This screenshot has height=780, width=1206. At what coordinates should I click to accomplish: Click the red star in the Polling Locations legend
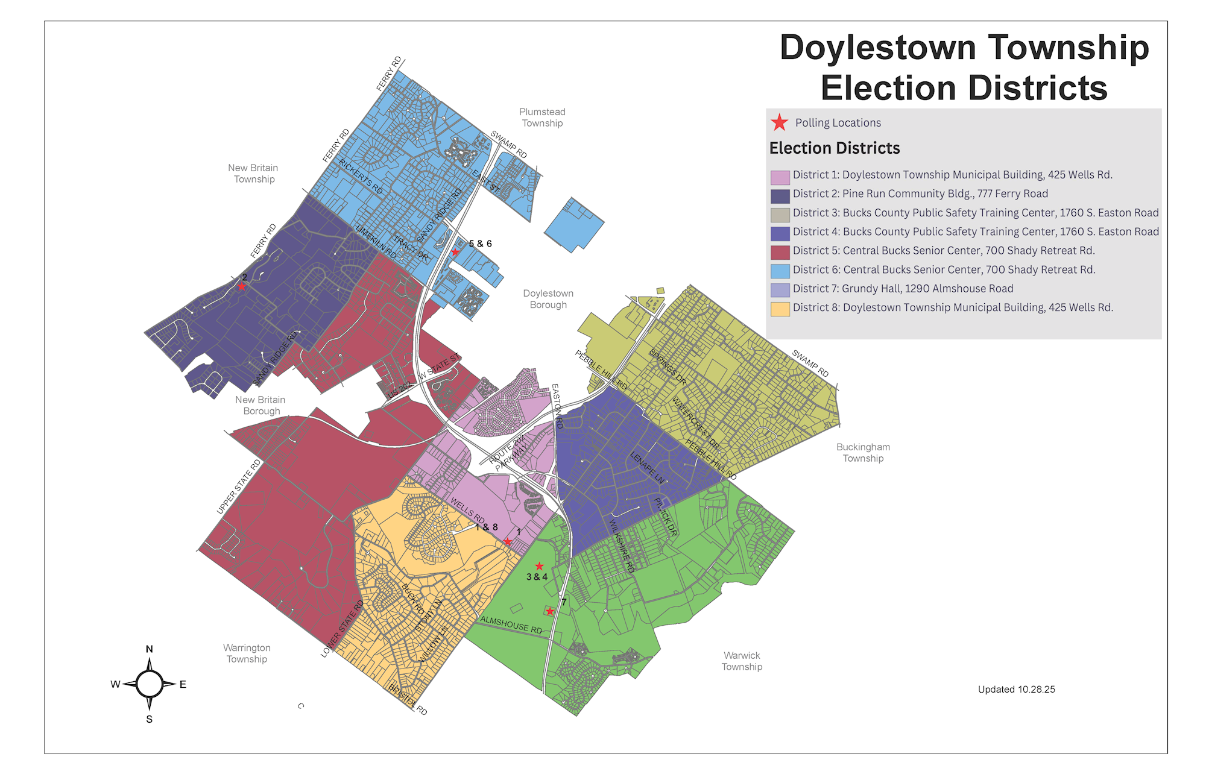779,122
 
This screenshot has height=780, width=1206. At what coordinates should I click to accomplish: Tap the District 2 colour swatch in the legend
780,196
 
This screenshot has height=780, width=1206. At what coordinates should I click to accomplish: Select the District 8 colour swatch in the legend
780,309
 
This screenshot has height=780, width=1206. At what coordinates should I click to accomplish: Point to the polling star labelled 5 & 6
455,252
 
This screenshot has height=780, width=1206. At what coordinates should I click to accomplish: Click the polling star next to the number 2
241,286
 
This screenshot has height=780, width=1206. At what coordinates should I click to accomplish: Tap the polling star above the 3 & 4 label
539,566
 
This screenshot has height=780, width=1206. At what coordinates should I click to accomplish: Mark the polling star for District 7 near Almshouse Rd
549,611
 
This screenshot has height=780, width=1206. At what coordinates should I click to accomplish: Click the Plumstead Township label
542,118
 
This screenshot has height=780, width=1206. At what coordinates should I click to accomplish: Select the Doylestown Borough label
548,299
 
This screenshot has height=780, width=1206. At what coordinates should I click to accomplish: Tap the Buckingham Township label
863,453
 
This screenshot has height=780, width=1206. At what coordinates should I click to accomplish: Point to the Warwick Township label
742,661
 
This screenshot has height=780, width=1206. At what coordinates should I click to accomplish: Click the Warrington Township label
247,653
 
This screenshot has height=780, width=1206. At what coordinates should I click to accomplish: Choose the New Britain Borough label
260,406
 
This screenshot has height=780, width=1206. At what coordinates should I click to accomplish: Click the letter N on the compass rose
150,649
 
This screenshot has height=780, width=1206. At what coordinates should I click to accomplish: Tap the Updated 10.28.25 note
1016,690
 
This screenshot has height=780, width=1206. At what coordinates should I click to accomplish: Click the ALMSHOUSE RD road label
511,624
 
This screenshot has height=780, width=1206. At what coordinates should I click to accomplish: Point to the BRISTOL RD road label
408,699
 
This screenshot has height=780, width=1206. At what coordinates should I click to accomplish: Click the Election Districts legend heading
834,148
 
